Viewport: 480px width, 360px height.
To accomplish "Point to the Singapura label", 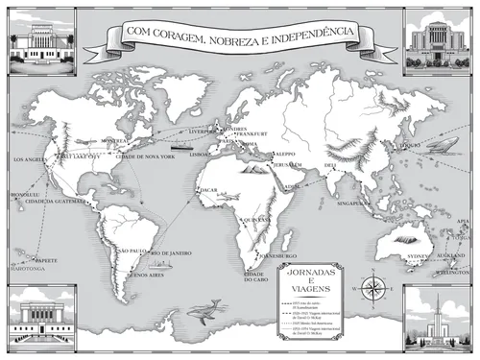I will point(351,204).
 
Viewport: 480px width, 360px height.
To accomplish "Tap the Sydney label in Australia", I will point(420,257).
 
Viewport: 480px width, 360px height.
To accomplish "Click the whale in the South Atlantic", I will point(204,309).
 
